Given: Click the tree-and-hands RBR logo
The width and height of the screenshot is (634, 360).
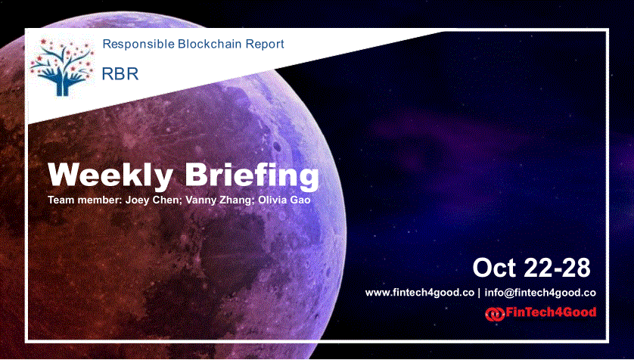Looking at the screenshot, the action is coord(62,67).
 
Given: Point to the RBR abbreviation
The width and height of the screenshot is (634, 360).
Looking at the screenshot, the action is coord(120,73).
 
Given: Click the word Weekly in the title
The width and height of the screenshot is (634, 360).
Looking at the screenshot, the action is coord(110,175).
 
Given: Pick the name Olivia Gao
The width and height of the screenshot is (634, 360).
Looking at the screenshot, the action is coord(284,200).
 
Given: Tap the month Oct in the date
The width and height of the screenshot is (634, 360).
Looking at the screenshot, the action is coord(495,268).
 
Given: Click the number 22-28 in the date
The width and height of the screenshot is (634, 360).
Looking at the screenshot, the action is coord(557,268).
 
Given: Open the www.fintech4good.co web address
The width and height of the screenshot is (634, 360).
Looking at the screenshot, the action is coord(419,293).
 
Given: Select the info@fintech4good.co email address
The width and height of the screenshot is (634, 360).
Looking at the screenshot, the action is coord(539,293).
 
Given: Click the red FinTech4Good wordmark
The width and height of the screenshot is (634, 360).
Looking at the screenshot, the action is coord(551,312).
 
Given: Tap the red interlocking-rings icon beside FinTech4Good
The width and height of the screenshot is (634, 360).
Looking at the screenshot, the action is coord(495,315).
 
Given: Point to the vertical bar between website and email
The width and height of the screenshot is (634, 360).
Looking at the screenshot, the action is coord(479,293).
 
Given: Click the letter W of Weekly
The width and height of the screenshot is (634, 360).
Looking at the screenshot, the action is coord(65,175).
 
